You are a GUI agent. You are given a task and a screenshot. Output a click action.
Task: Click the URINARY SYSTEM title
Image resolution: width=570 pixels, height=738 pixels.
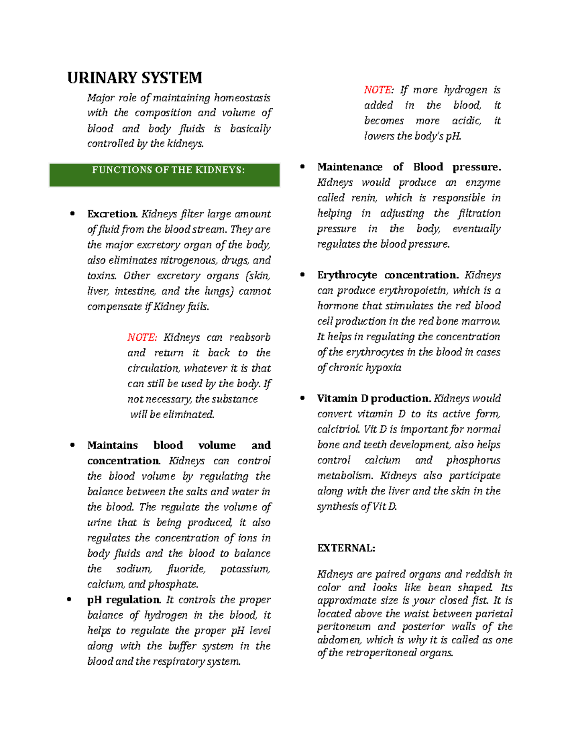(x=135, y=78)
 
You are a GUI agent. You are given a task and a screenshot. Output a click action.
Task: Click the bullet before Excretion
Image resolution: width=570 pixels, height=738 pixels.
(x=72, y=214)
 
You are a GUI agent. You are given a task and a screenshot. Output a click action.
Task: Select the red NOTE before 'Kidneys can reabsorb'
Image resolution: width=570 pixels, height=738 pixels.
(x=142, y=338)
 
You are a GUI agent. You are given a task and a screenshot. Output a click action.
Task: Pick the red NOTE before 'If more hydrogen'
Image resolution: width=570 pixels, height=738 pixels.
(x=379, y=90)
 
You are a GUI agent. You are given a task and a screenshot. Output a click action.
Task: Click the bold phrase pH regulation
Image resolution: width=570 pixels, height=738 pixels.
(x=124, y=600)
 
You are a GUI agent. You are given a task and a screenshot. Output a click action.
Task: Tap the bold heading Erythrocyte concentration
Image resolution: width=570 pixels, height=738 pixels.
(x=388, y=275)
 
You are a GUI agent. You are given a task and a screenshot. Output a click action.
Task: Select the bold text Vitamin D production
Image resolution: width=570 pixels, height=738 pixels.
(x=374, y=399)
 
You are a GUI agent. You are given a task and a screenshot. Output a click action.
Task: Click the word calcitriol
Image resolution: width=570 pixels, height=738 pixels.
(x=338, y=430)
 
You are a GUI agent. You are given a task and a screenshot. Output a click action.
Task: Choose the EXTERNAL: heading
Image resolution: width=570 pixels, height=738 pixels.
(x=346, y=548)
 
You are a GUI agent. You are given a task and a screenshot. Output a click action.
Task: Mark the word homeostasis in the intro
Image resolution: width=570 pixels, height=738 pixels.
(x=242, y=98)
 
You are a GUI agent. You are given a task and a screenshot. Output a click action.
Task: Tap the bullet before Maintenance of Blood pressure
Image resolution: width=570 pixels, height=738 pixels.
(x=302, y=167)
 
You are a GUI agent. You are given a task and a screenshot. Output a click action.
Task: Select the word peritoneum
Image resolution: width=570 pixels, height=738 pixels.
(x=344, y=627)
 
